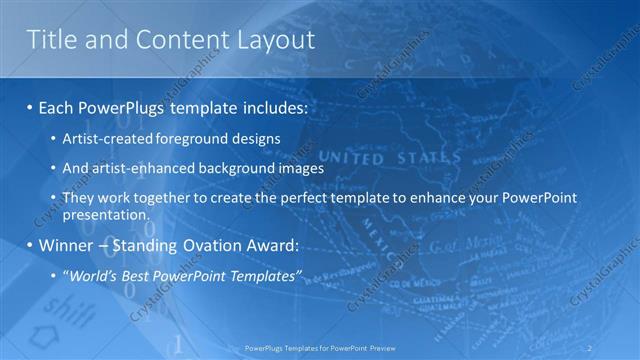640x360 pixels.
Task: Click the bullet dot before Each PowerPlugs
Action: (x=31, y=105)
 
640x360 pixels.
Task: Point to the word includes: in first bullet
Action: (x=266, y=105)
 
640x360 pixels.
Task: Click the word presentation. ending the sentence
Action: (x=106, y=214)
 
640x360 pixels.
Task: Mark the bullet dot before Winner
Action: (x=31, y=245)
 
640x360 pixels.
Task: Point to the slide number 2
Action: (x=616, y=348)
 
